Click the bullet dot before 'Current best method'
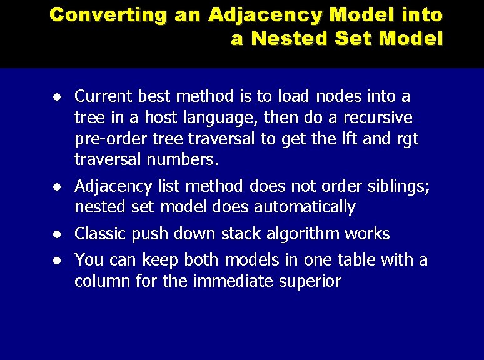[x=57, y=97]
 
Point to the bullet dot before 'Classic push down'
[x=57, y=235]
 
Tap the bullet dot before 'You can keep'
[x=57, y=261]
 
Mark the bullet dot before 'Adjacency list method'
[x=57, y=187]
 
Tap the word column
[x=101, y=281]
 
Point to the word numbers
[x=182, y=160]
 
